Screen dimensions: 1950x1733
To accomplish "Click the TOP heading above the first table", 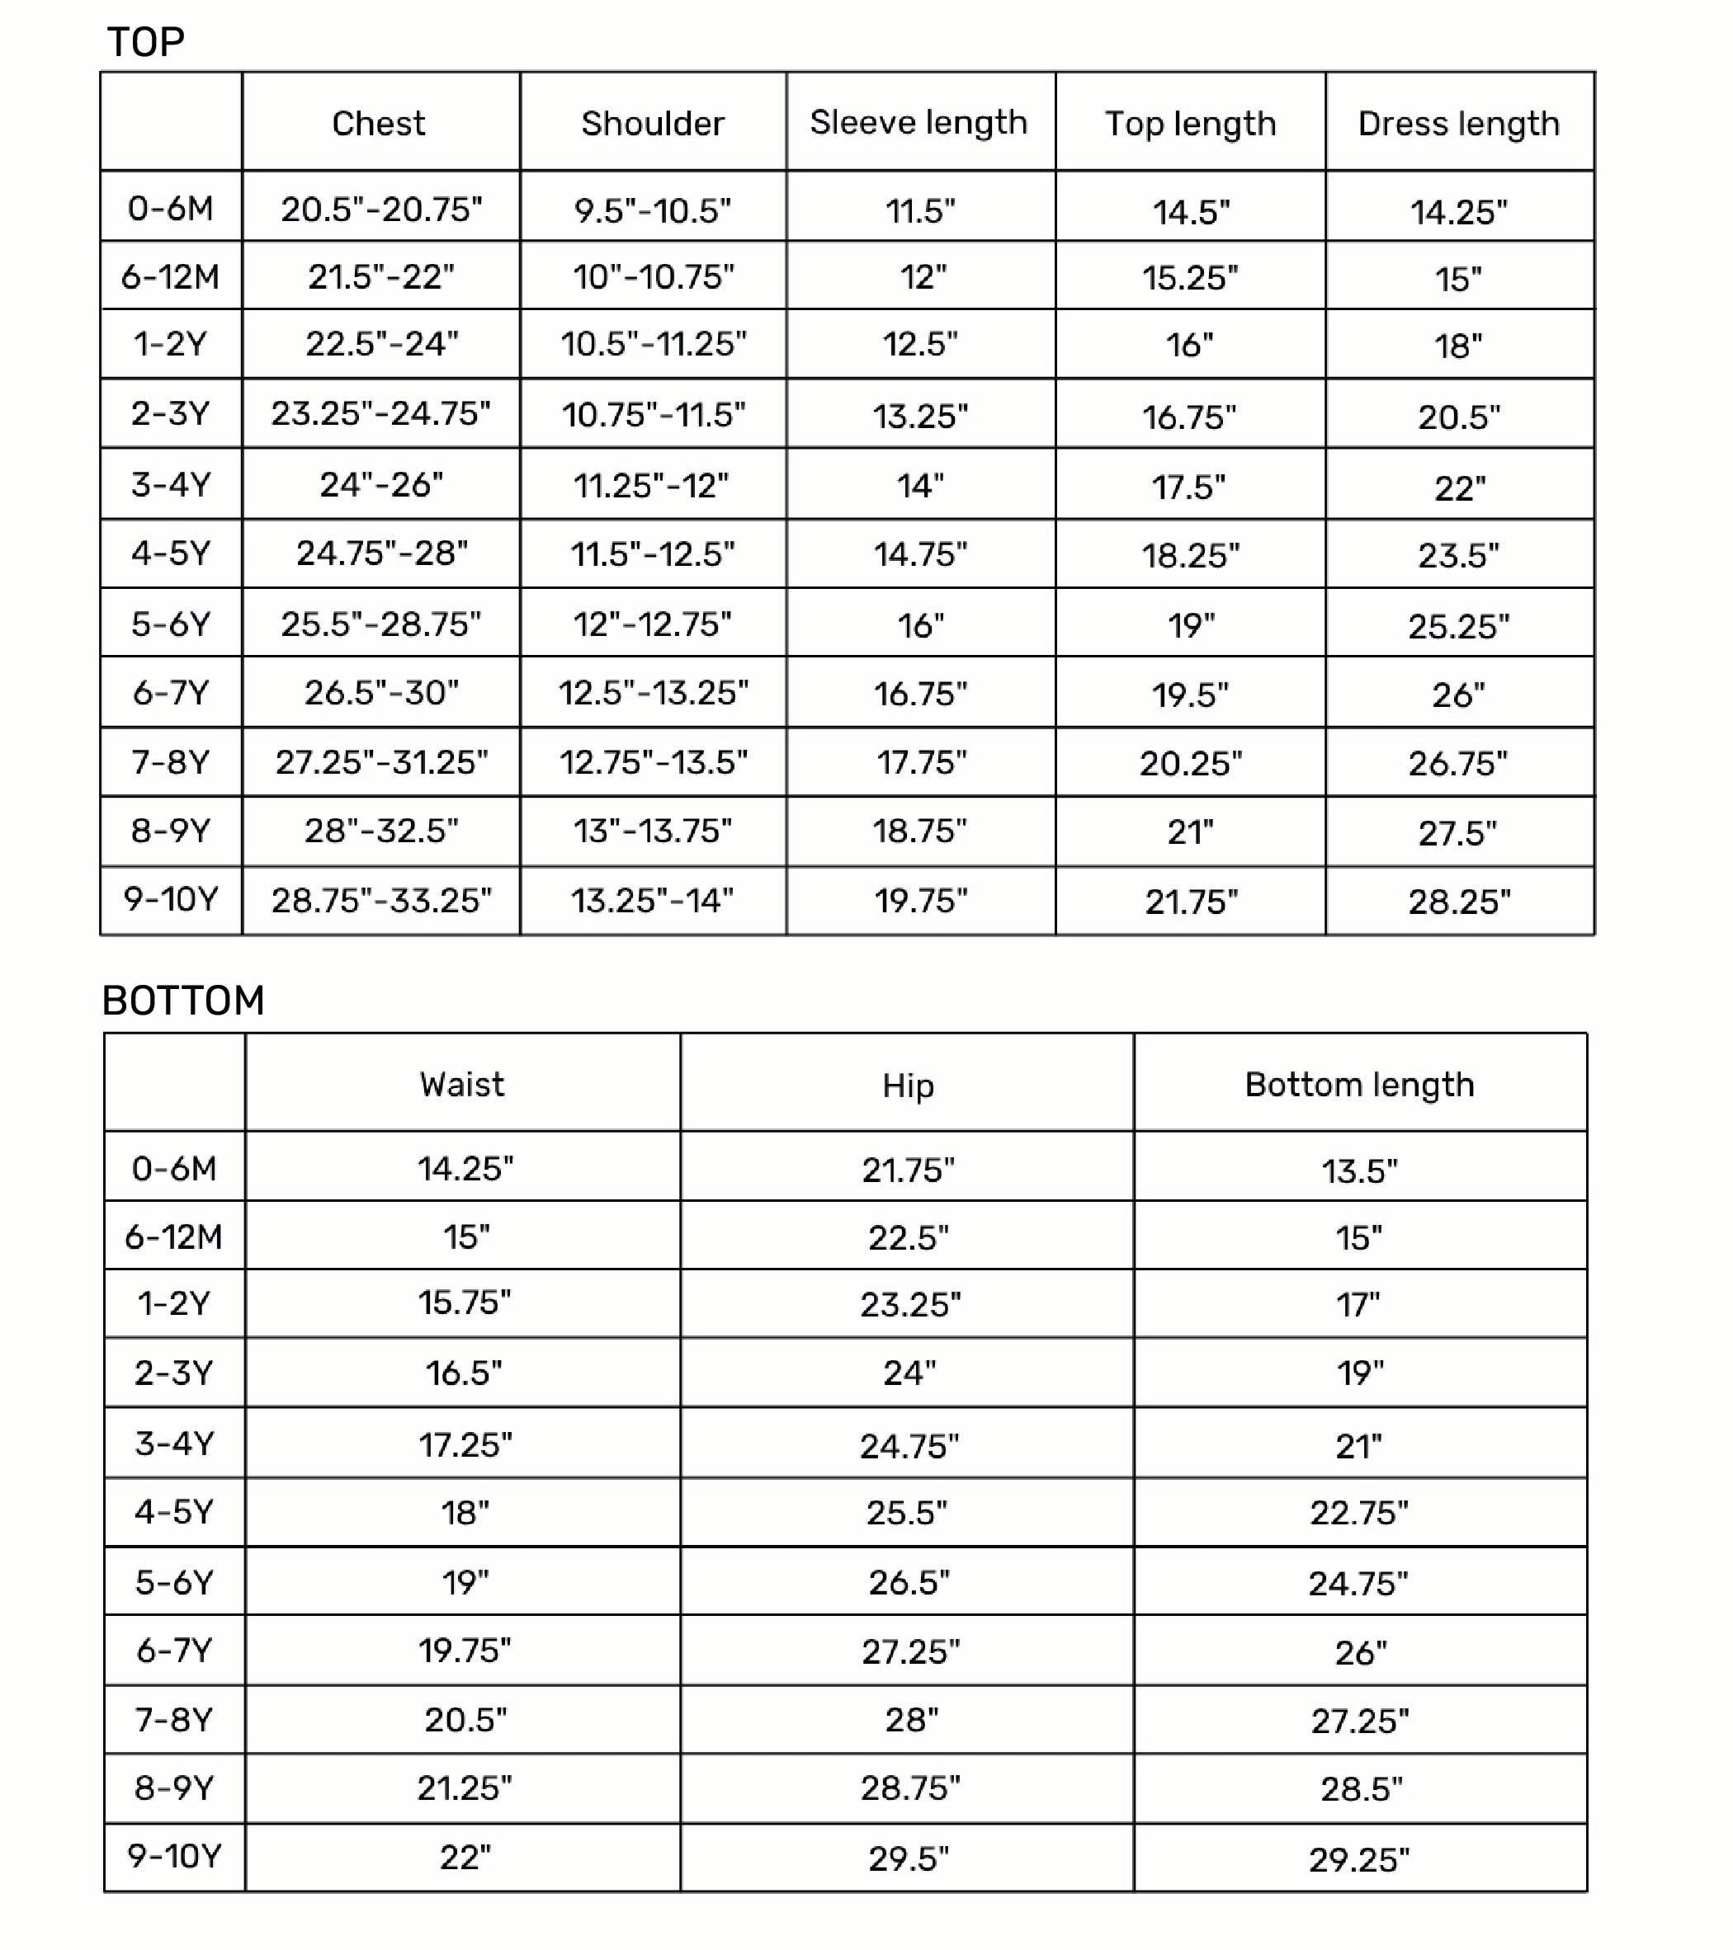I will [146, 42].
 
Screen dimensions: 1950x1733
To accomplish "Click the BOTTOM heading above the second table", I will [183, 1001].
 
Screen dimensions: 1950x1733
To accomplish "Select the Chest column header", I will [379, 123].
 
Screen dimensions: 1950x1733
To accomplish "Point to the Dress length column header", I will [1458, 123].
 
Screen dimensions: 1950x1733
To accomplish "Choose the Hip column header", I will [908, 1086].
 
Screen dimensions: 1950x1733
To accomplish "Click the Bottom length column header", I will [1359, 1085].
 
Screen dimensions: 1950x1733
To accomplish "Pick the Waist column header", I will [462, 1085].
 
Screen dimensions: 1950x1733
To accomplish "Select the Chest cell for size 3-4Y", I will [380, 485].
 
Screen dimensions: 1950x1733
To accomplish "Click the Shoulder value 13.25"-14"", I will [653, 901].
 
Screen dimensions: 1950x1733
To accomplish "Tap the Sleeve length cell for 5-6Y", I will [920, 626].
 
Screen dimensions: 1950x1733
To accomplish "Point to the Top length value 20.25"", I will [1190, 763].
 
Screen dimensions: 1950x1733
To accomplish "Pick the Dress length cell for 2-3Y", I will [1458, 417].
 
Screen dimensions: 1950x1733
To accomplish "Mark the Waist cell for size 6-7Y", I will [465, 1651].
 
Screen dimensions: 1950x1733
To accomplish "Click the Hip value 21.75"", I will [908, 1170].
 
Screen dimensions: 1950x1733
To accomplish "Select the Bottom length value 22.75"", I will [1359, 1513].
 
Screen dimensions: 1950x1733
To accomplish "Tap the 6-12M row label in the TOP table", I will [170, 276].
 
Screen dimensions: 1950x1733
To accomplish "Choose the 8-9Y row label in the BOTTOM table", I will [173, 1787].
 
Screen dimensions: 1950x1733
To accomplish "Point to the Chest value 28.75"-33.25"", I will [380, 901].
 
